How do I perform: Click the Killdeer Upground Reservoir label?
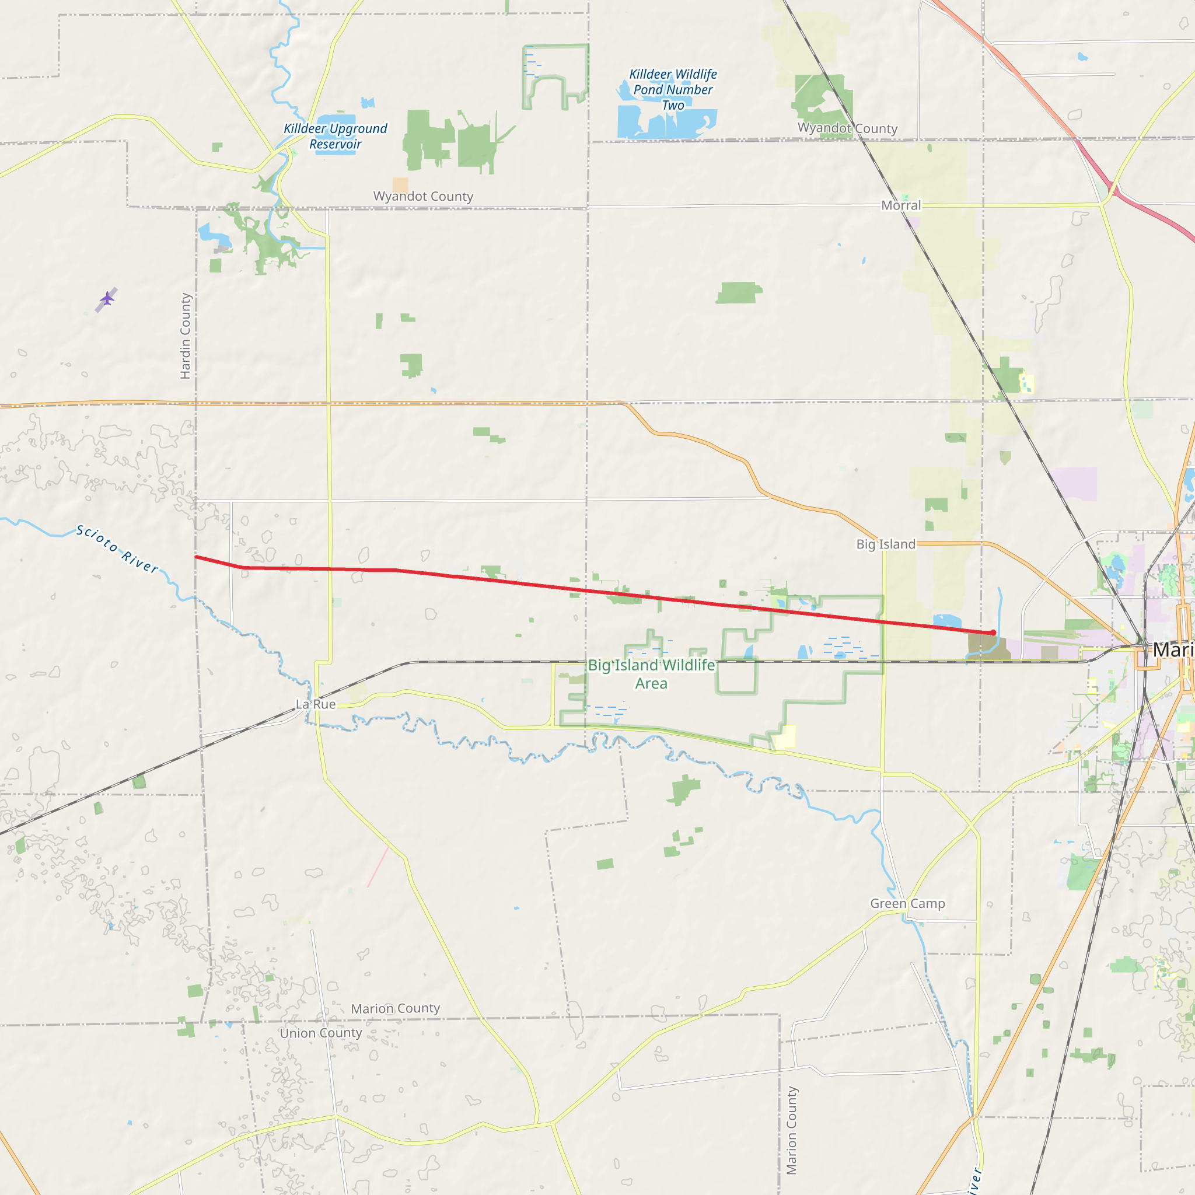pos(336,136)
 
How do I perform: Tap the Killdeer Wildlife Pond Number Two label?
pos(673,90)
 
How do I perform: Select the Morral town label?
pos(900,205)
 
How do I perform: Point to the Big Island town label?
pos(885,544)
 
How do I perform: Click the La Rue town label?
pos(316,704)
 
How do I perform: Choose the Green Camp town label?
pos(907,904)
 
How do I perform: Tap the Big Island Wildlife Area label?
pos(651,673)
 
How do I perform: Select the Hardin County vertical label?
pos(185,336)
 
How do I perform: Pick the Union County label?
pos(320,1033)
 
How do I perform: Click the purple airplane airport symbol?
pos(107,299)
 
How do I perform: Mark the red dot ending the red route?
pos(993,632)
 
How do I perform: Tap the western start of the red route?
pos(197,557)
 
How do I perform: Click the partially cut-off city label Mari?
pos(1173,650)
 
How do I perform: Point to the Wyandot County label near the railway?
pos(847,128)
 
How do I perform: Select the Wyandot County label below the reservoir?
pos(423,196)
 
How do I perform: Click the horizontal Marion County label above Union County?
pos(395,1009)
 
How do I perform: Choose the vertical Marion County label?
pos(791,1131)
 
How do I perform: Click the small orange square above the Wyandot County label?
pos(400,184)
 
